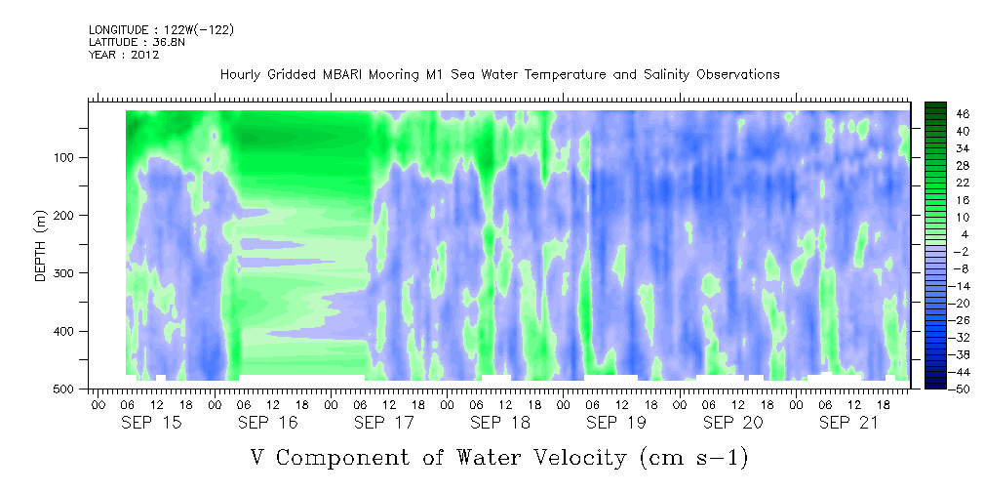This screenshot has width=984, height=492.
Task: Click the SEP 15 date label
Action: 151,423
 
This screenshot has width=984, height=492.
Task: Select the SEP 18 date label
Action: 500,423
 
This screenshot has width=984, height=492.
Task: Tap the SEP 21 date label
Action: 849,423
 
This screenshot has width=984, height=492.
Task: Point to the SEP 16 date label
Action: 268,423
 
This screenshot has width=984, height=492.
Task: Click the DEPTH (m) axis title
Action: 41,245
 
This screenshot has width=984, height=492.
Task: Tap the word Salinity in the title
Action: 666,75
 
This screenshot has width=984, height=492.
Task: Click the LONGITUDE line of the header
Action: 162,29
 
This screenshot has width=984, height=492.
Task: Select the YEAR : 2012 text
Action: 124,55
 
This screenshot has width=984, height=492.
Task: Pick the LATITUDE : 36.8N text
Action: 138,42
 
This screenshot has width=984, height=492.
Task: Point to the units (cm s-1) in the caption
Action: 694,458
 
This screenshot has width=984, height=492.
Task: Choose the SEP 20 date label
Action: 733,423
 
